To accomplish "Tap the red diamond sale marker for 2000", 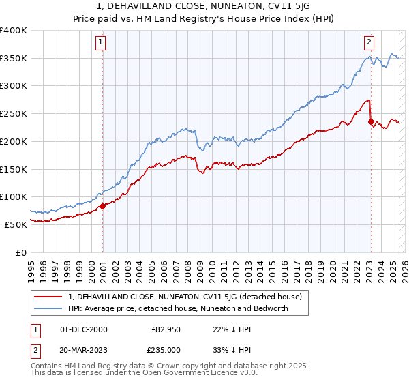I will [x=102, y=205].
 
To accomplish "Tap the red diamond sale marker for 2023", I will [x=371, y=122].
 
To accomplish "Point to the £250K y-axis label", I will [x=14, y=113].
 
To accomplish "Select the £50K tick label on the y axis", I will [x=16, y=224].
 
